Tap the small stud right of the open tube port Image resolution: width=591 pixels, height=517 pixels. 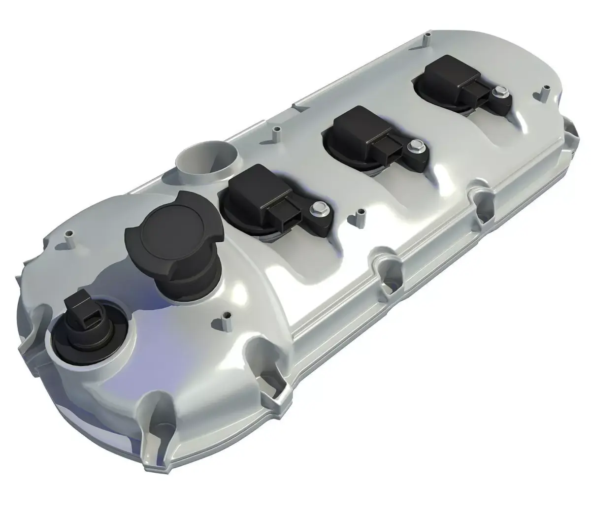click(x=276, y=133)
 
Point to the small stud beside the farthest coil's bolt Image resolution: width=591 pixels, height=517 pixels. click(x=546, y=92)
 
